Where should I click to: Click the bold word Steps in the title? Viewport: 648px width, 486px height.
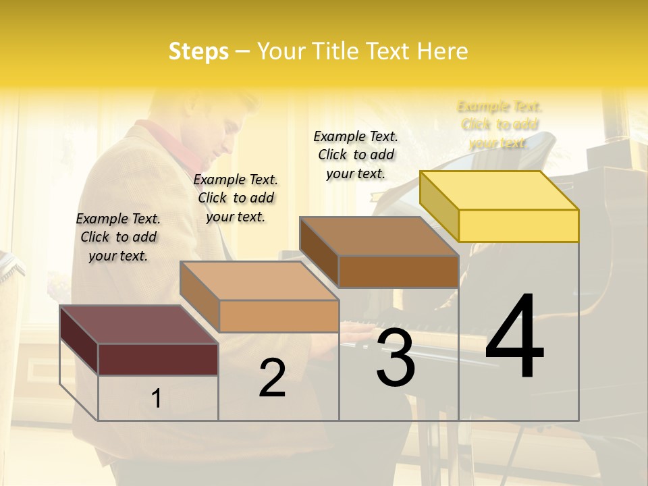click(x=198, y=51)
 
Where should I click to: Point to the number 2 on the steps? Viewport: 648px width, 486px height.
click(x=272, y=378)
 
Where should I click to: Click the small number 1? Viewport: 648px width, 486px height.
click(x=157, y=398)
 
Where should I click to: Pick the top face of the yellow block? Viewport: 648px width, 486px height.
click(x=500, y=190)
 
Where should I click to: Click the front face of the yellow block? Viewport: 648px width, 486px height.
click(x=518, y=225)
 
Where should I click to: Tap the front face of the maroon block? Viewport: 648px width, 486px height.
click(x=158, y=359)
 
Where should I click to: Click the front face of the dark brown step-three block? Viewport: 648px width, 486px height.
click(x=398, y=271)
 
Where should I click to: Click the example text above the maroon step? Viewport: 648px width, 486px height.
click(x=118, y=237)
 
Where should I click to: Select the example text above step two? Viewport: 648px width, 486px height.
click(x=236, y=198)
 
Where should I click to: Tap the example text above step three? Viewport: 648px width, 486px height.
click(x=356, y=155)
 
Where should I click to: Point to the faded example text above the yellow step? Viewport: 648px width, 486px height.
click(x=500, y=124)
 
